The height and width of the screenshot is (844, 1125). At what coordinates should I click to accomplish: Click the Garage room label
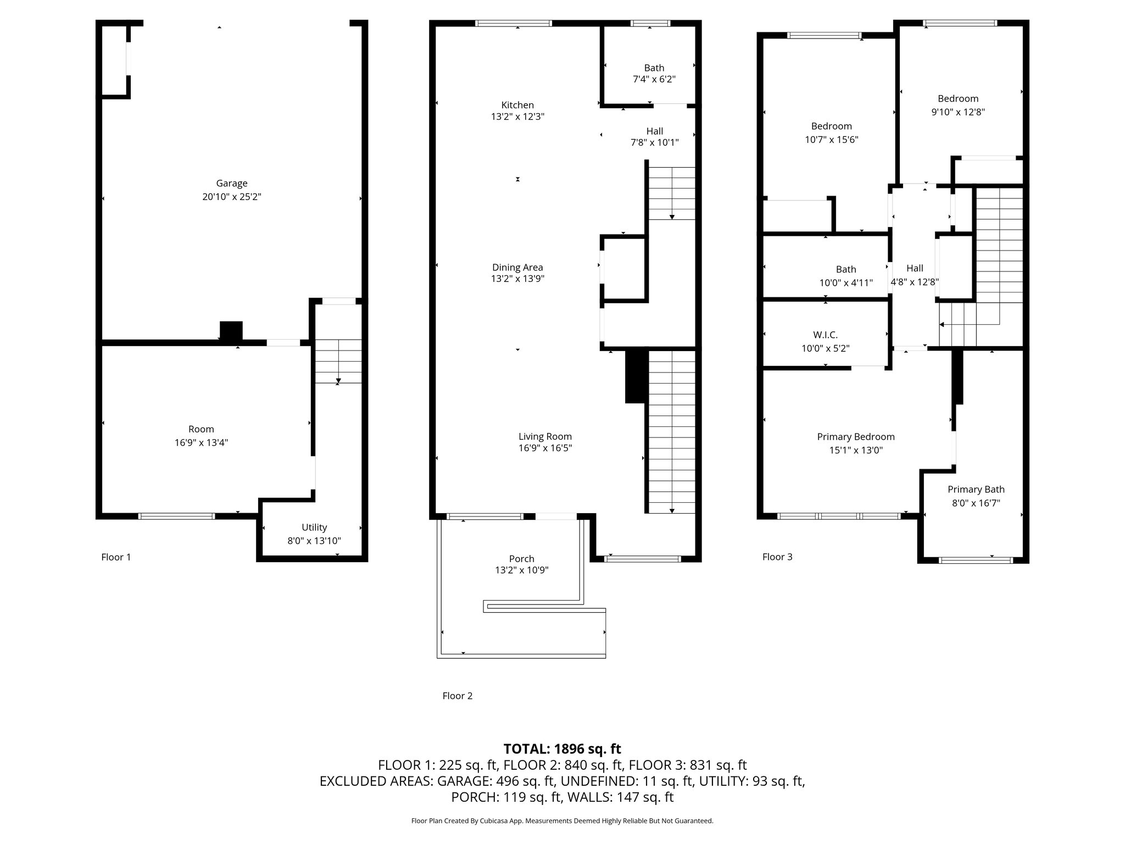[231, 184]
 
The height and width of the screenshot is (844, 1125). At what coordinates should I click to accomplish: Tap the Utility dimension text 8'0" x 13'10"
[314, 541]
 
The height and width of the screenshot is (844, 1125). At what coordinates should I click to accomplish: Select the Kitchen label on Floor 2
[517, 105]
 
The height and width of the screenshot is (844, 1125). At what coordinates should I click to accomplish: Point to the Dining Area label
[517, 268]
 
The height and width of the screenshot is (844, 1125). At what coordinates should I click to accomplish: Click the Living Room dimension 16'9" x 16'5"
[545, 448]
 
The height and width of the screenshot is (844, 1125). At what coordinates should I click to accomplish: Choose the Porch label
[522, 559]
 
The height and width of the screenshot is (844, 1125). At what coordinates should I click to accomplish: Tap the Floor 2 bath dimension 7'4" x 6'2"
[654, 79]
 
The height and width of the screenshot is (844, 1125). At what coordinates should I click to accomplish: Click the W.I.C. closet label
[826, 335]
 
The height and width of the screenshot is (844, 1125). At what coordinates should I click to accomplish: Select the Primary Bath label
[976, 490]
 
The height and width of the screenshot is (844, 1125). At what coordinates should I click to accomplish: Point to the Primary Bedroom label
[856, 437]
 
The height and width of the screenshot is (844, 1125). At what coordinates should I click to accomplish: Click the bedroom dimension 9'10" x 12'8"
[958, 112]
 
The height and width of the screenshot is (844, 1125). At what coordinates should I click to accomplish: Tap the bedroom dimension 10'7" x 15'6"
[832, 140]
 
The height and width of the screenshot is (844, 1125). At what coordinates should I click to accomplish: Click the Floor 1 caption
[116, 557]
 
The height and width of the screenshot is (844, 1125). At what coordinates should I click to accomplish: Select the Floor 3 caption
[777, 557]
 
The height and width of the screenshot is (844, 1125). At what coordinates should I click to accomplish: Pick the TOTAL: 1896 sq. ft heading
[562, 749]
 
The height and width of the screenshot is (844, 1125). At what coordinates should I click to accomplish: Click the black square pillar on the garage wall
[231, 331]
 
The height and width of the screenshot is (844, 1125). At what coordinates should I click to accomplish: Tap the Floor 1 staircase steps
[338, 362]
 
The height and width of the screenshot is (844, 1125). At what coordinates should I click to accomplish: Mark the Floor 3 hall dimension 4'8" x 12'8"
[915, 282]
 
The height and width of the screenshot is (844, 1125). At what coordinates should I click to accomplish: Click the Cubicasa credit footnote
[562, 821]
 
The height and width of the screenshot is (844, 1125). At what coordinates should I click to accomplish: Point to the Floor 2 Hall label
[654, 131]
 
